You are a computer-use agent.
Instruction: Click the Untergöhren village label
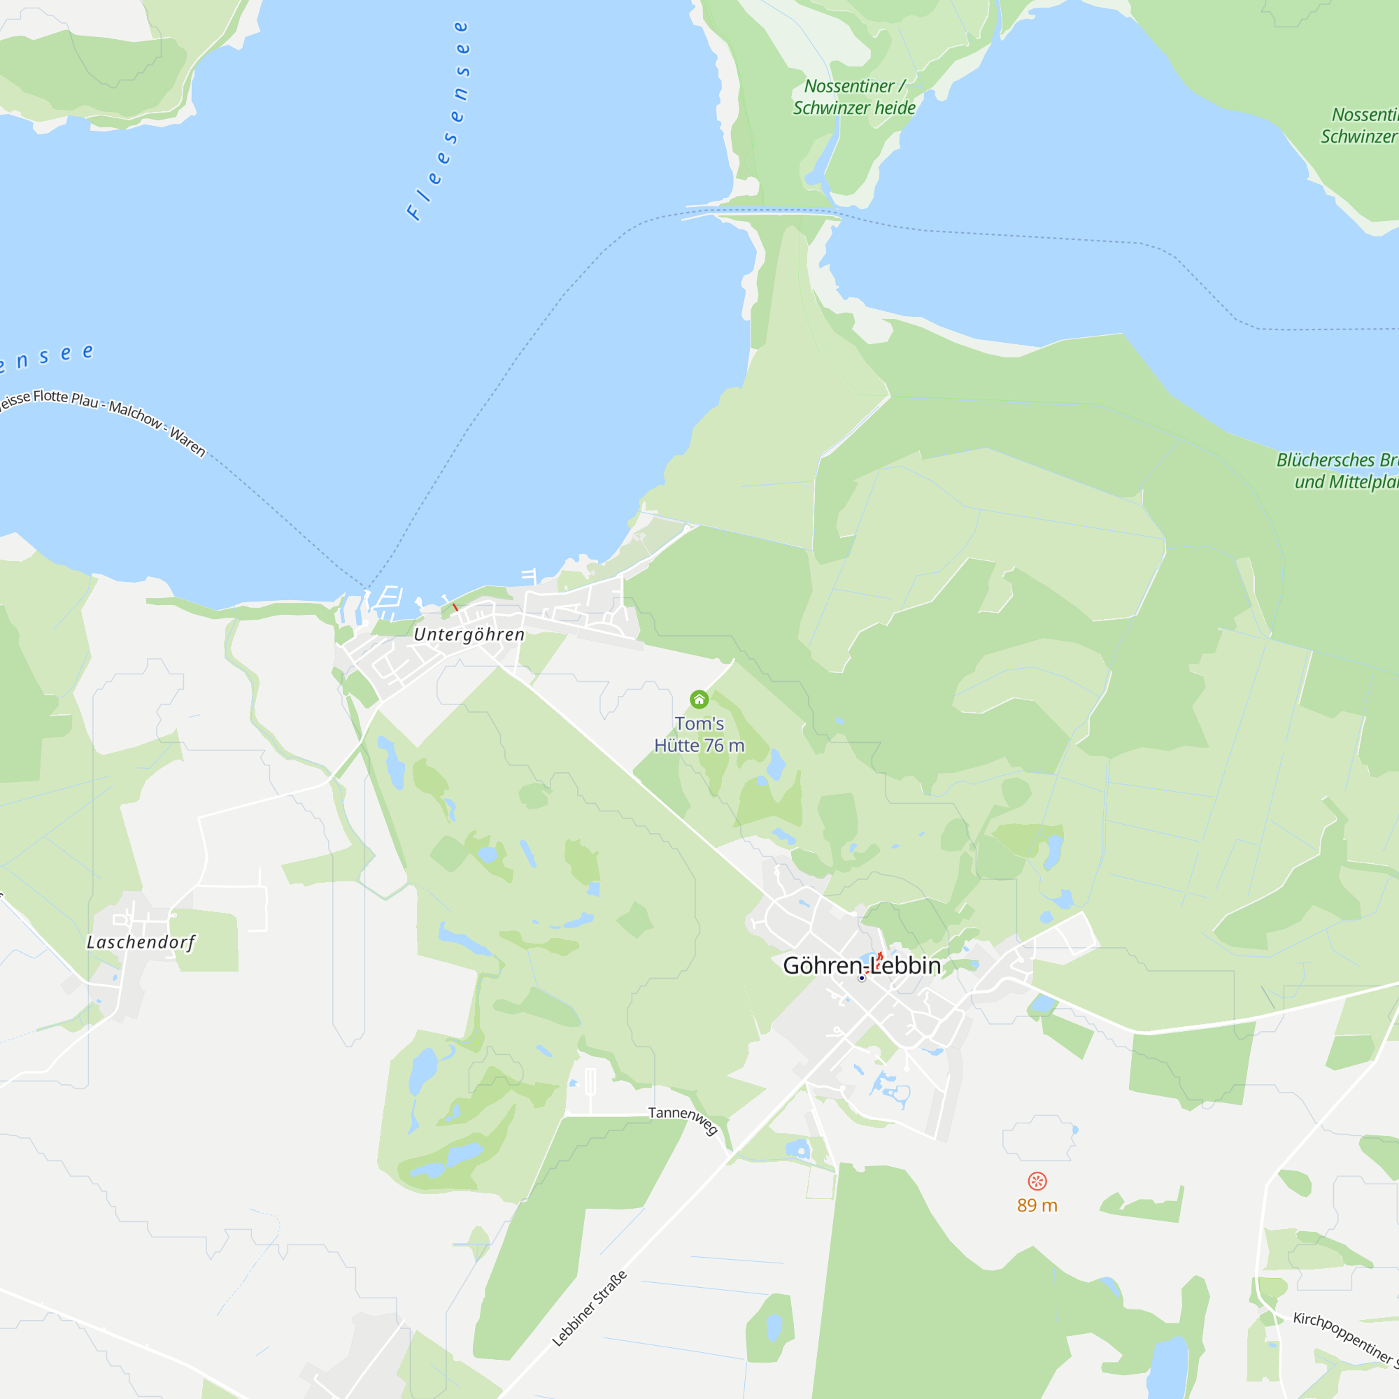469,635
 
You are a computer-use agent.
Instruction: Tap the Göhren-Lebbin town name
862,966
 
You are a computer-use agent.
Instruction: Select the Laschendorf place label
141,942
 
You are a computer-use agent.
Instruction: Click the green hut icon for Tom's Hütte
699,699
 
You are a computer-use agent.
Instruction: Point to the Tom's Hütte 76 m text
699,734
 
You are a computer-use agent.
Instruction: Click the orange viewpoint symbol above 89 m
1037,1181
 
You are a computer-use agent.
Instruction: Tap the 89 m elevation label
1037,1206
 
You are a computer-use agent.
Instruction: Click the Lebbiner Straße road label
590,1309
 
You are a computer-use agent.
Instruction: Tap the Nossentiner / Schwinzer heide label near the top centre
855,97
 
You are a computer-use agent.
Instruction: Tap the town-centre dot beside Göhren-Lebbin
862,979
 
